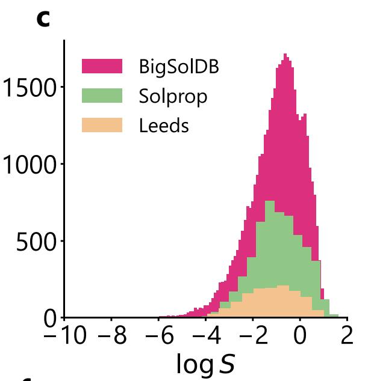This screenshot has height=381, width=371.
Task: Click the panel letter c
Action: coord(43,19)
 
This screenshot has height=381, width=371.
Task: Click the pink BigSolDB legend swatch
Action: coord(102,66)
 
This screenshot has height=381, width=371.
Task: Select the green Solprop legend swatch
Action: coord(102,96)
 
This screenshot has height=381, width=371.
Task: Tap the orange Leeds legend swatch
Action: coord(102,125)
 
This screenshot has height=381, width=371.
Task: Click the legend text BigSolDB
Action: coord(179,66)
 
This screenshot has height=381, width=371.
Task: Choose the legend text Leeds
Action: coord(164,125)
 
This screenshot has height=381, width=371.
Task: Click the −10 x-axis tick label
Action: coord(66,337)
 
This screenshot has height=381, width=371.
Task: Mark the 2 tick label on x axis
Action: coord(346,337)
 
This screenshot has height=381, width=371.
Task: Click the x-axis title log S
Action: coord(205,364)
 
